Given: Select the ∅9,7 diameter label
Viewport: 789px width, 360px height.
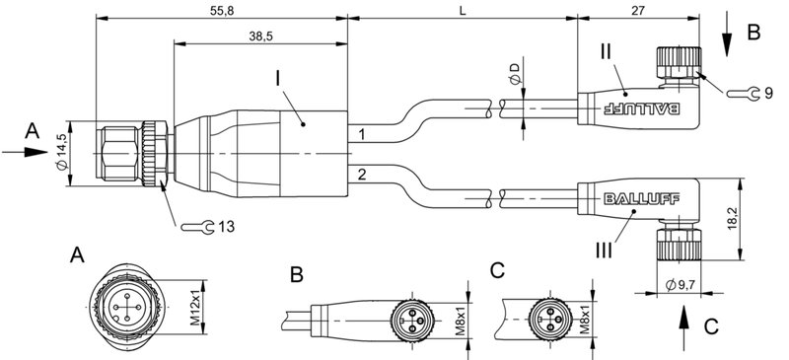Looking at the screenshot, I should click(681, 286).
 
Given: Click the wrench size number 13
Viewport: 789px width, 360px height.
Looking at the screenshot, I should click(226, 228).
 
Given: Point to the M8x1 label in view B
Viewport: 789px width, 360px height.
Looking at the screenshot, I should click(462, 320).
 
